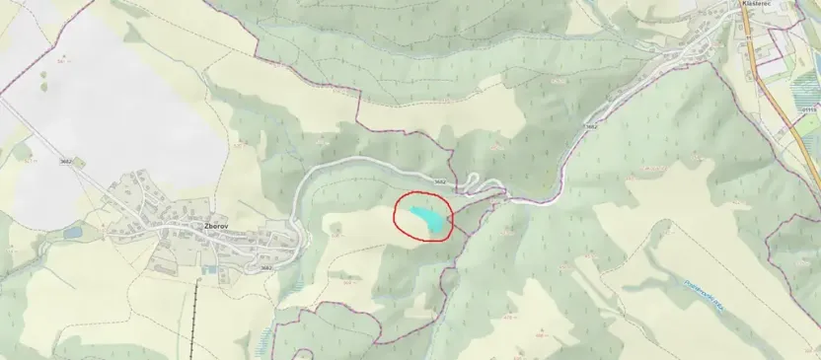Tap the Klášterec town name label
pos(755,4)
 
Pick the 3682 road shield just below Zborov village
pos(264,267)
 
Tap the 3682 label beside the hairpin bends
pos(439,181)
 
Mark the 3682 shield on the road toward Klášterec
pos(590,126)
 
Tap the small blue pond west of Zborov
pos(72,233)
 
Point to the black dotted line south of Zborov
pos(194,316)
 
